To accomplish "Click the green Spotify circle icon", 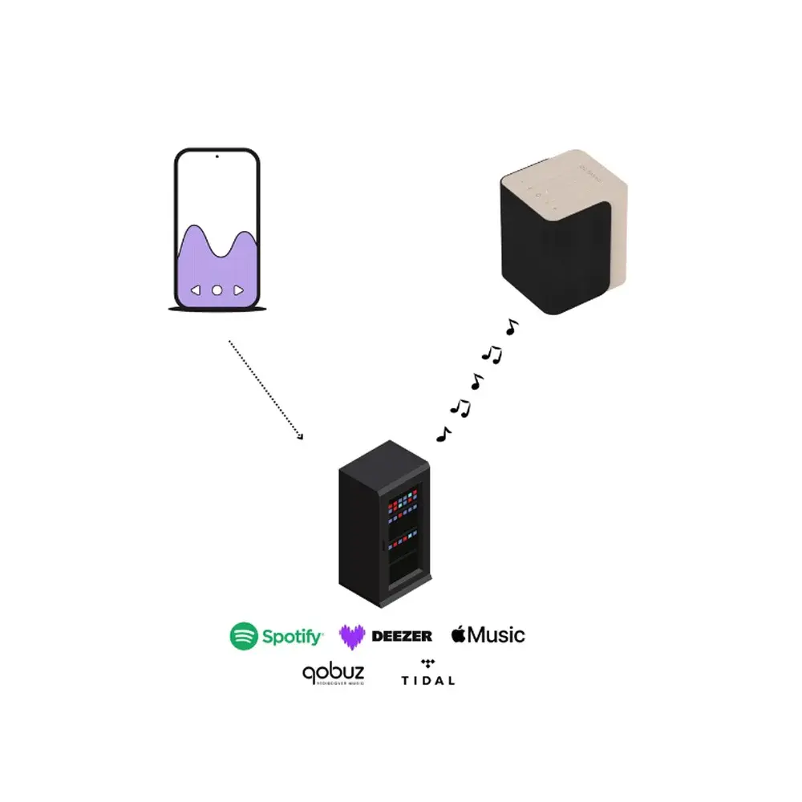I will click(245, 636).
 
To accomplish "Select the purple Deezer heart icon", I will click(352, 636).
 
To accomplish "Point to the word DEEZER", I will click(402, 636).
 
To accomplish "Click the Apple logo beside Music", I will click(458, 634).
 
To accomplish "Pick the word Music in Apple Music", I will click(497, 635).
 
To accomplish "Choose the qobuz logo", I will click(333, 674).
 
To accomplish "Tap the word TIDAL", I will click(427, 680).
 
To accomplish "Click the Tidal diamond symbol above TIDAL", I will click(427, 664).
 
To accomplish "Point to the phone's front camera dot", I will click(217, 157).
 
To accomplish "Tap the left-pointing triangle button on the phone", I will click(196, 290).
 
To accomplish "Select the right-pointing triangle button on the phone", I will click(238, 290).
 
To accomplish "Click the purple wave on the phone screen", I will click(217, 257).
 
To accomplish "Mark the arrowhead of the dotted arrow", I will click(301, 436).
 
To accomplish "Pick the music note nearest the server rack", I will click(442, 434).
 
